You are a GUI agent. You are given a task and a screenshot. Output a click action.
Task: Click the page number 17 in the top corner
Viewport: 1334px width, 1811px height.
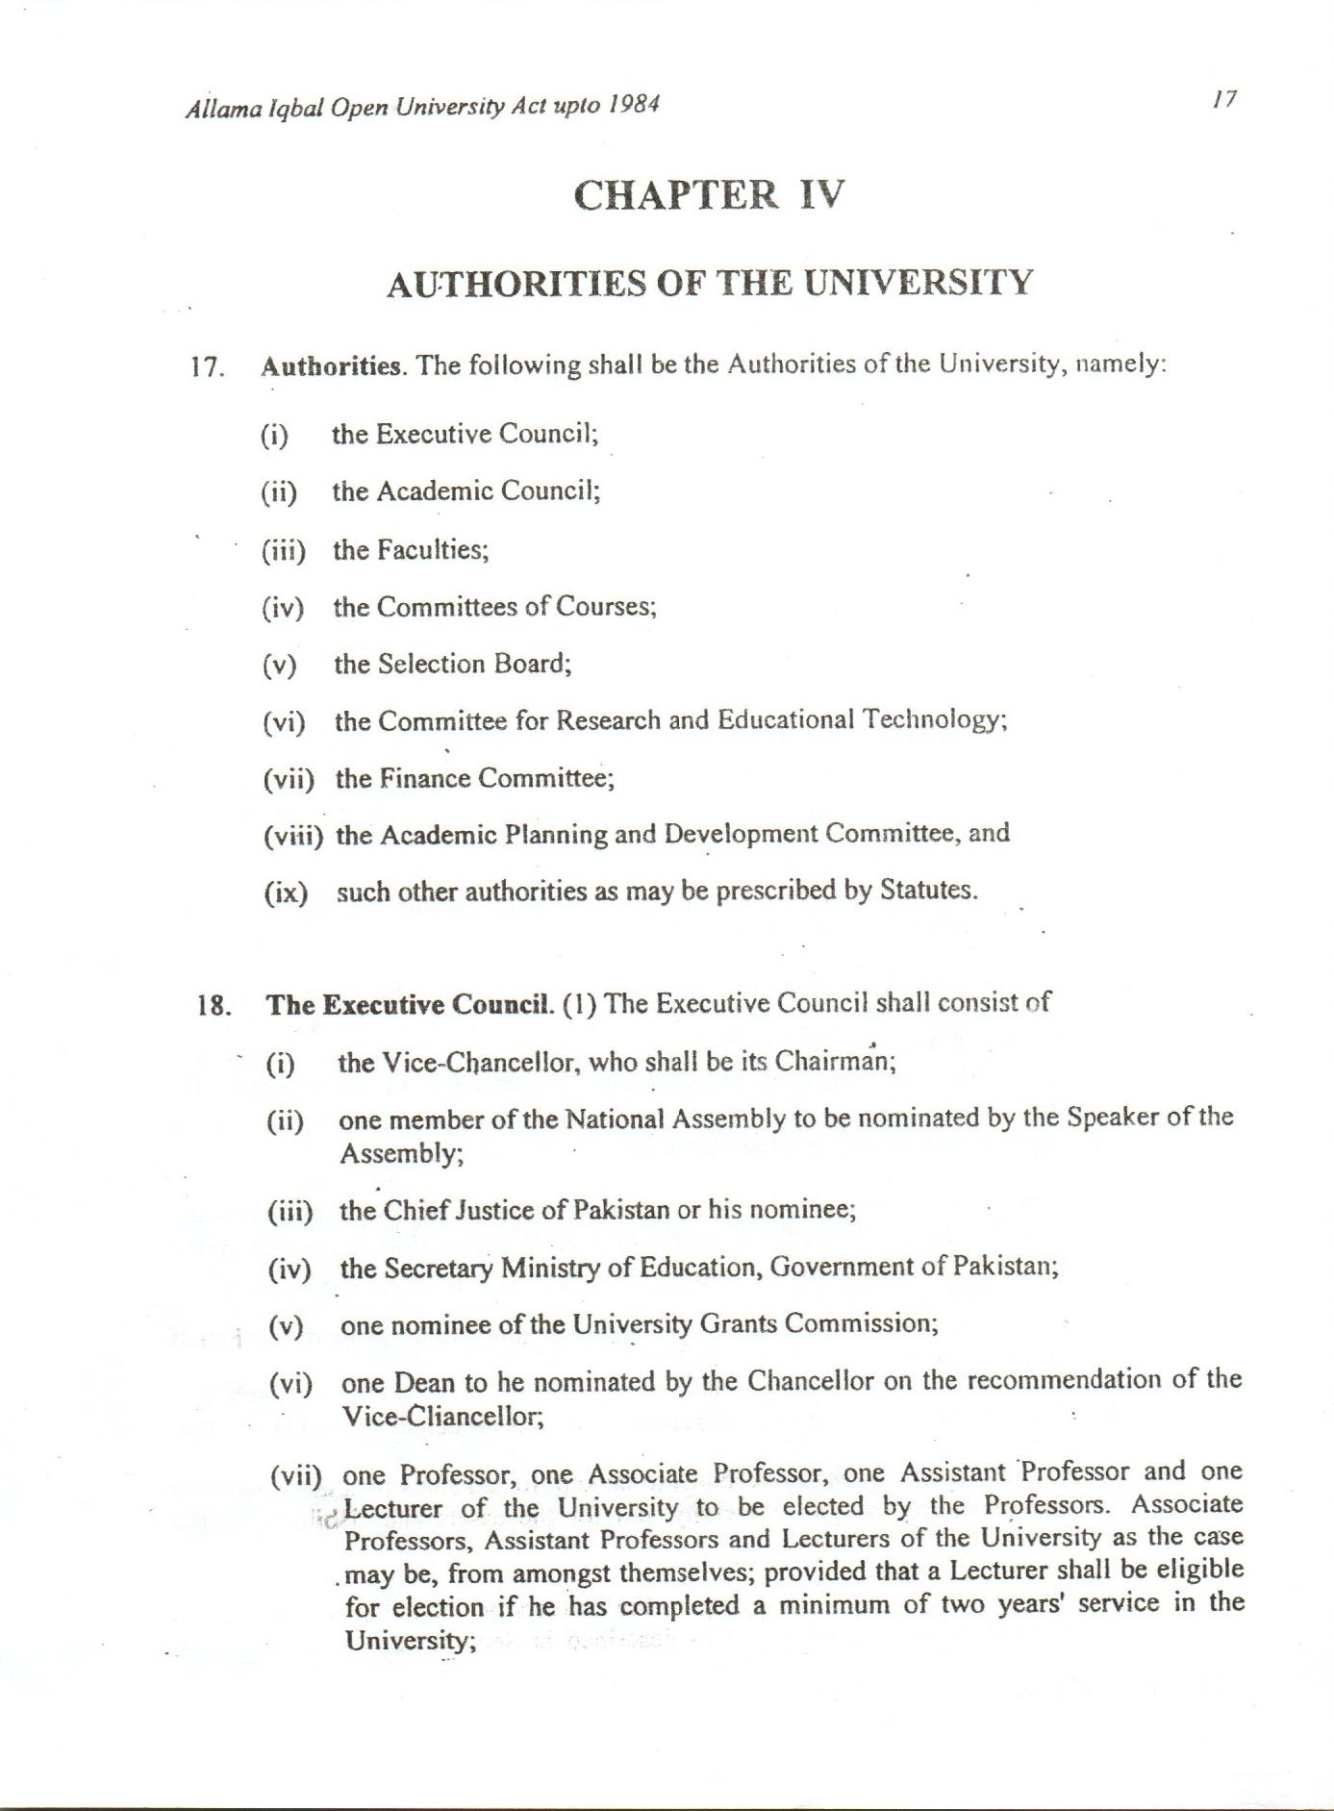pos(1223,99)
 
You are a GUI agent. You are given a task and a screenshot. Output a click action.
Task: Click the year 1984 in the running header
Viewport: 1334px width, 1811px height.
pos(633,105)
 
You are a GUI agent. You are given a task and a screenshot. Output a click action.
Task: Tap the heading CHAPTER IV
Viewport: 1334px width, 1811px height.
pos(709,195)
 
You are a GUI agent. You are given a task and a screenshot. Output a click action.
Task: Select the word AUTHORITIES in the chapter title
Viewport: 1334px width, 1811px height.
pos(516,284)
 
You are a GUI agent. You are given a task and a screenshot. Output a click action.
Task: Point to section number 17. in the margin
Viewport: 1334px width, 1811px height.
pos(208,367)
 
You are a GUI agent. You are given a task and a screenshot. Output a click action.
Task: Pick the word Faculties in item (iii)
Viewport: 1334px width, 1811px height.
pos(433,549)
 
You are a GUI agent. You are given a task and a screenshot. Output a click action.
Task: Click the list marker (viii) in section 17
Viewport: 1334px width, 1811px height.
pos(293,835)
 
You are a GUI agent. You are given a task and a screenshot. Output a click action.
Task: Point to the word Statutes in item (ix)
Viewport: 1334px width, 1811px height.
pos(928,890)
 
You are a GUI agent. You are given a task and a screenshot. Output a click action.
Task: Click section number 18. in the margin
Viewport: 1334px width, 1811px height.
pos(214,1006)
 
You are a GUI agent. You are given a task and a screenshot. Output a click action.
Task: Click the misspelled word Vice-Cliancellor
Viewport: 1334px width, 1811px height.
pos(443,1417)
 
